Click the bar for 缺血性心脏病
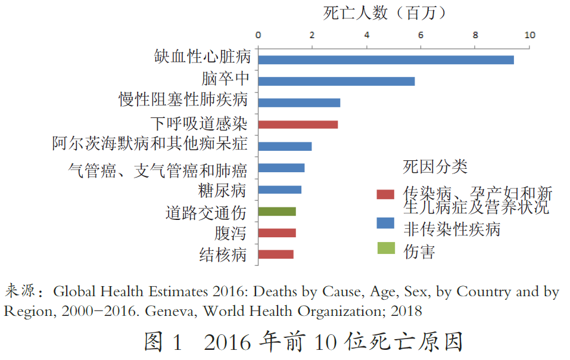pyautogui.click(x=386, y=60)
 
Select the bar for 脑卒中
pyautogui.click(x=337, y=81)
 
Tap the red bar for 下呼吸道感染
pyautogui.click(x=298, y=125)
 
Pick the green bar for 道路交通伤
pyautogui.click(x=277, y=211)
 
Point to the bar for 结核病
pyautogui.click(x=276, y=255)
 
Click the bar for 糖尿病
pyautogui.click(x=280, y=190)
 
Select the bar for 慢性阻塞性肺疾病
pyautogui.click(x=299, y=103)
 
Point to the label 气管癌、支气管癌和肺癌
pyautogui.click(x=157, y=170)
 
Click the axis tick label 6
pyautogui.click(x=421, y=35)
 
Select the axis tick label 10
pyautogui.click(x=529, y=35)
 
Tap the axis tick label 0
pyautogui.click(x=258, y=35)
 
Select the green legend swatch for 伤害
pyautogui.click(x=385, y=251)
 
